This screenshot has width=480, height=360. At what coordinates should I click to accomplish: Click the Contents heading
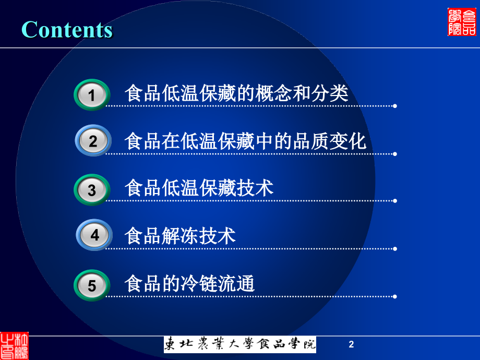[x=67, y=29]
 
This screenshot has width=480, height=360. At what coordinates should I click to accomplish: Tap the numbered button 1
[x=92, y=95]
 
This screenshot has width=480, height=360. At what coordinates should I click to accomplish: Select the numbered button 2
[x=93, y=141]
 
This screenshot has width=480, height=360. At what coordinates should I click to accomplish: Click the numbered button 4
[x=94, y=235]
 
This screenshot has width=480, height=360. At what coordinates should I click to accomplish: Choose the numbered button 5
[x=92, y=286]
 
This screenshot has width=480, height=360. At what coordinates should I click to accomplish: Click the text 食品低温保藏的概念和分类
[x=236, y=94]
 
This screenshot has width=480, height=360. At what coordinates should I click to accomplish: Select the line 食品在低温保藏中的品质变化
[x=245, y=141]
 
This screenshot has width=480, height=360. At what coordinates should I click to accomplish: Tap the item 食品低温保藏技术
[x=199, y=188]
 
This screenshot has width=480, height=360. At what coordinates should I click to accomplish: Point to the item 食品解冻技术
[x=180, y=236]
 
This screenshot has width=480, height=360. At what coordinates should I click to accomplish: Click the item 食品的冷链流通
[x=189, y=284]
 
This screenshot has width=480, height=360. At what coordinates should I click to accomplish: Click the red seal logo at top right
[x=462, y=22]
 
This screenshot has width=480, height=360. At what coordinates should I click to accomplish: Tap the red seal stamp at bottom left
[x=14, y=345]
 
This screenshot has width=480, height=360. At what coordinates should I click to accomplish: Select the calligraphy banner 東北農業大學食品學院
[x=240, y=344]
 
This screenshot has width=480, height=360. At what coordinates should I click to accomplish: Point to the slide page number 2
[x=351, y=344]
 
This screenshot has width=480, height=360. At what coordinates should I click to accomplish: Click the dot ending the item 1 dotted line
[x=394, y=106]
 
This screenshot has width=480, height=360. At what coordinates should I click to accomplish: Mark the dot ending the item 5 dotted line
[x=394, y=296]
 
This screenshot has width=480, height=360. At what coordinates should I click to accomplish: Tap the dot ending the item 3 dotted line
[x=394, y=200]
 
